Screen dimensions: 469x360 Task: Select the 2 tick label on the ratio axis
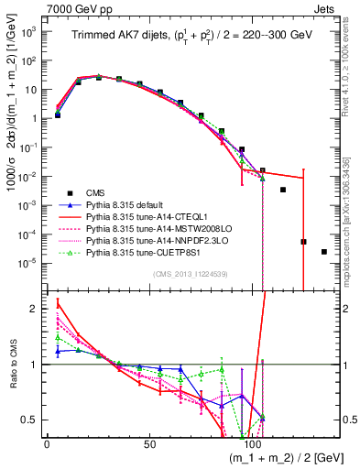[x=33, y=309]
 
